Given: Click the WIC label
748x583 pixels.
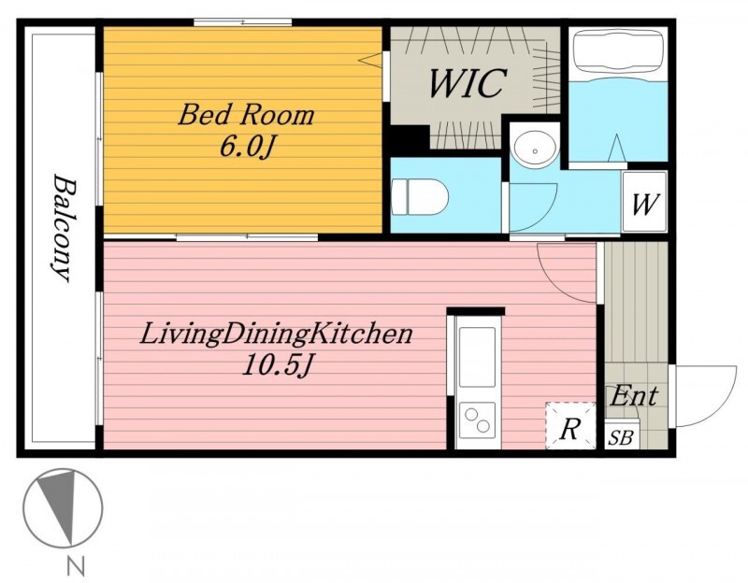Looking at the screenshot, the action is click(x=466, y=83).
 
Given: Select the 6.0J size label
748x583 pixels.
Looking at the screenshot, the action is click(x=246, y=146).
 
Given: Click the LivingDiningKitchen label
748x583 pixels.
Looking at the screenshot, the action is click(x=276, y=334).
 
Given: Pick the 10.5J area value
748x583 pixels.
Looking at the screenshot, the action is click(x=277, y=365).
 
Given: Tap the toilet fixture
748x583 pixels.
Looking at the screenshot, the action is click(x=420, y=196).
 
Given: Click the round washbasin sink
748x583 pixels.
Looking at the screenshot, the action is click(x=535, y=149).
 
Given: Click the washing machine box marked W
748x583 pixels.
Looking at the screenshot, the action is click(x=644, y=202).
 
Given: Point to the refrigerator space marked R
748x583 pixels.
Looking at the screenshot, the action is click(x=570, y=425).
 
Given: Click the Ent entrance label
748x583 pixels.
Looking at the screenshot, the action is click(x=634, y=395).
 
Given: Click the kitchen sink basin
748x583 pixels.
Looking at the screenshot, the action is click(x=477, y=357).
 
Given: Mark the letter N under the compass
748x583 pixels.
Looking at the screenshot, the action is click(x=76, y=567).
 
